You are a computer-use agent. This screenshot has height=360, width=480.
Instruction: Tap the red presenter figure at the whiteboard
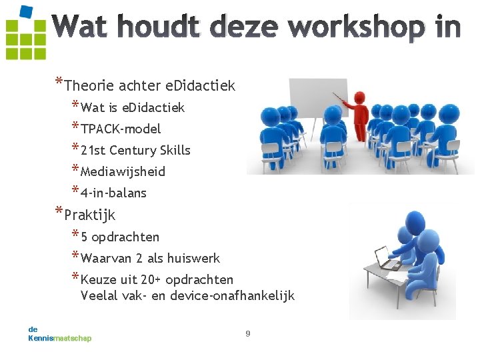(x=361, y=116)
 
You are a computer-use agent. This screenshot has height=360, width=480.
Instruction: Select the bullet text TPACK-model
(x=121, y=129)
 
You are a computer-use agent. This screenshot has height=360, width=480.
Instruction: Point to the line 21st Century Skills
(x=135, y=150)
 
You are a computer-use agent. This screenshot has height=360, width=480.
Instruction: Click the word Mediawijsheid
(x=123, y=171)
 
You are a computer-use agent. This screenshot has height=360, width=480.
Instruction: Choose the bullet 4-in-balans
(x=113, y=193)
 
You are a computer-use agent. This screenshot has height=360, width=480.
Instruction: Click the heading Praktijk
(x=90, y=215)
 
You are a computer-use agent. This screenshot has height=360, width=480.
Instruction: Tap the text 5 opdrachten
(x=120, y=237)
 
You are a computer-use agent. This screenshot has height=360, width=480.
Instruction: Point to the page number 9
(x=248, y=333)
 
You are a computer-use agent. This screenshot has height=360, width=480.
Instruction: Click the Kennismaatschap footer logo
(x=59, y=334)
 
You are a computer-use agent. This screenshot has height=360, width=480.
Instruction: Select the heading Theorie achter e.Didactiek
(x=150, y=85)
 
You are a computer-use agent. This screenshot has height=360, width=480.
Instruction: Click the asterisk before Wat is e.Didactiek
(x=75, y=106)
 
